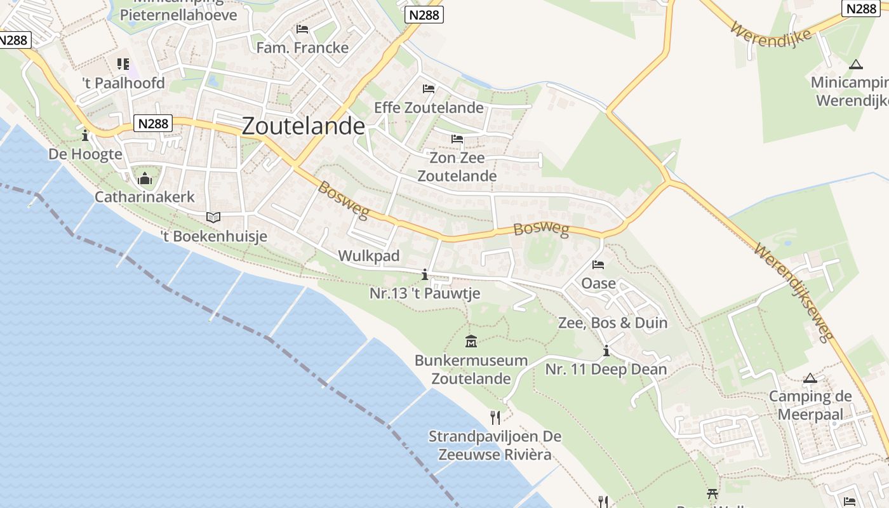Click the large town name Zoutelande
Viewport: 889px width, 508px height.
click(304, 126)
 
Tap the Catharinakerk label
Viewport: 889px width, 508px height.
click(145, 197)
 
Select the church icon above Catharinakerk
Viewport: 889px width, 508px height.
click(145, 179)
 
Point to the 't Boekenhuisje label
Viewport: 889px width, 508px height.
click(213, 237)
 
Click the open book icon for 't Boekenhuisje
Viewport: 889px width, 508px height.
click(213, 217)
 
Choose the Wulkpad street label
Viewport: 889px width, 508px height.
click(369, 256)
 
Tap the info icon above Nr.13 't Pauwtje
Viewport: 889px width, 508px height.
click(425, 274)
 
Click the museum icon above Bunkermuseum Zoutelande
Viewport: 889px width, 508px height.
click(471, 342)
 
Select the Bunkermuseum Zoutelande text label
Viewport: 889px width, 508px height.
click(471, 370)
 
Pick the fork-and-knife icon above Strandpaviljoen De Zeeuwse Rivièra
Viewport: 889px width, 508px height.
click(495, 417)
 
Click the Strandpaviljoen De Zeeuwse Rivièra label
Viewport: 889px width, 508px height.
click(495, 446)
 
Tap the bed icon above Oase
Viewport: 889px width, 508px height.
click(598, 265)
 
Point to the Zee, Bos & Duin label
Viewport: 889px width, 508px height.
click(613, 323)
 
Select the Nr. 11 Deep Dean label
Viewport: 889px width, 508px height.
click(606, 370)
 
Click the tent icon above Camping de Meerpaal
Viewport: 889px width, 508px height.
click(810, 378)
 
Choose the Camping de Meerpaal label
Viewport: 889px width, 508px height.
click(810, 406)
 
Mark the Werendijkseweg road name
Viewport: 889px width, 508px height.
click(793, 292)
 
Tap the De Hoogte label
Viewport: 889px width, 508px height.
click(85, 154)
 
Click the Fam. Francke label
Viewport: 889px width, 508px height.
click(302, 48)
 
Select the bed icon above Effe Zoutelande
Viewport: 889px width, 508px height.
click(429, 89)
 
